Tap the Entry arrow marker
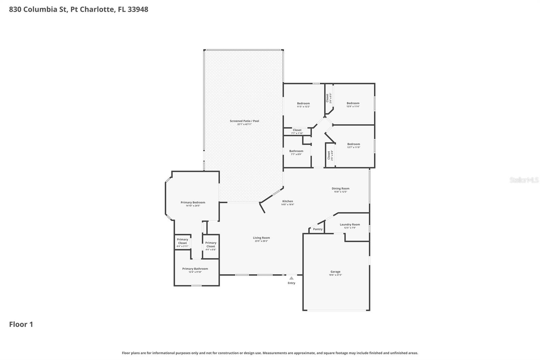click(x=291, y=278)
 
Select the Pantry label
click(x=318, y=229)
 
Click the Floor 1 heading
click(x=21, y=324)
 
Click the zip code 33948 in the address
click(x=138, y=9)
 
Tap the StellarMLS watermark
click(x=524, y=180)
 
